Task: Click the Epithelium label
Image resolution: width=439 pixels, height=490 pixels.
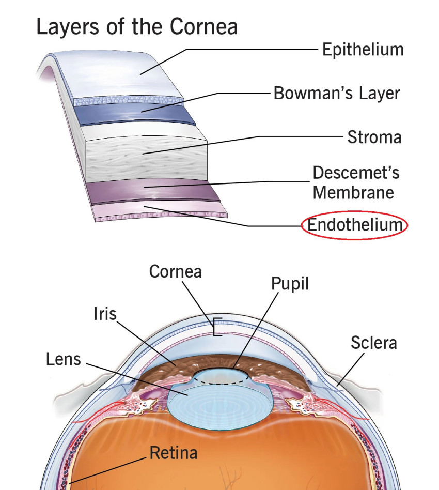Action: (363, 50)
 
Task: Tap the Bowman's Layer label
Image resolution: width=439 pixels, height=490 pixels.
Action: (337, 94)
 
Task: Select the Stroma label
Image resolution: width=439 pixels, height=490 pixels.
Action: (374, 137)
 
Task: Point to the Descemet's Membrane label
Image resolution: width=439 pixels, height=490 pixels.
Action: (356, 182)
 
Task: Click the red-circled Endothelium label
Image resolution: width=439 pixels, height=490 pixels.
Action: (355, 225)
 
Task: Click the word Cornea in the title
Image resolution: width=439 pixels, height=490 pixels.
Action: (204, 26)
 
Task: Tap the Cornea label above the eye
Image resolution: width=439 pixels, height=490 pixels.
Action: (176, 271)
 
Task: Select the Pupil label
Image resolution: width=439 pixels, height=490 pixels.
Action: (290, 284)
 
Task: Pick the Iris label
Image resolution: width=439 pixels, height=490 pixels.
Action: (105, 314)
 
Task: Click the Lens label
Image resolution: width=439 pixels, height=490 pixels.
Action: (64, 359)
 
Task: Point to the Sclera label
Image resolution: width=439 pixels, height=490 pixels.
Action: (374, 343)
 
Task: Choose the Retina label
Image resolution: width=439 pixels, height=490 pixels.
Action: (174, 453)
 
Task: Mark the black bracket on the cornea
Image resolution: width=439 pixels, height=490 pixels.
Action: (215, 327)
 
